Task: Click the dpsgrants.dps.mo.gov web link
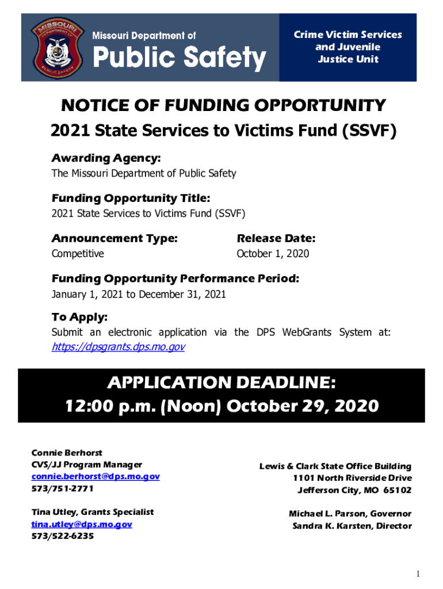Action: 118,347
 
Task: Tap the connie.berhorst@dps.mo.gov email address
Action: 95,476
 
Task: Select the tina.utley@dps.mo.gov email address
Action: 82,524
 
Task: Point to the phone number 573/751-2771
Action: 62,488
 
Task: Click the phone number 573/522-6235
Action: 62,536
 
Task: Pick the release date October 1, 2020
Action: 273,254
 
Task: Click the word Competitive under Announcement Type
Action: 78,254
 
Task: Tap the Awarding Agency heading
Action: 106,158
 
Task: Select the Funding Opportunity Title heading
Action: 131,198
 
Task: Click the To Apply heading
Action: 79,318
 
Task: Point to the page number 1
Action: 420,574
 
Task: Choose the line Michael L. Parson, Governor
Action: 350,514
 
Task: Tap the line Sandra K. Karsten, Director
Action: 352,526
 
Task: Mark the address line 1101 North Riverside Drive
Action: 352,478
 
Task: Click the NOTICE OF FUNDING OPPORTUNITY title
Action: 223,106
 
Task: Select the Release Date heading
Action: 276,239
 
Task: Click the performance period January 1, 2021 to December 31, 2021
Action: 139,294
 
